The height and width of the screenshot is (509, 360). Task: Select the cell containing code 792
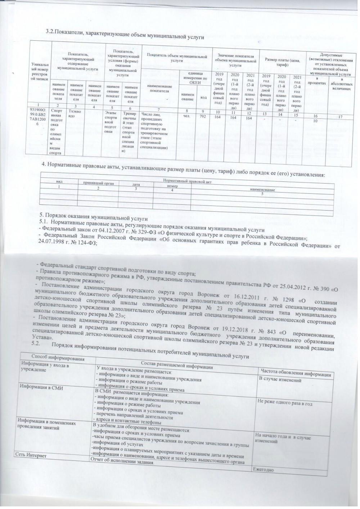click(203, 116)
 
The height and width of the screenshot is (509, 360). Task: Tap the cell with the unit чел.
click(186, 116)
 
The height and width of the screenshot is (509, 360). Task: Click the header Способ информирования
click(58, 358)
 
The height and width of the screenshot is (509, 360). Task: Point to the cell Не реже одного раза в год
click(284, 404)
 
